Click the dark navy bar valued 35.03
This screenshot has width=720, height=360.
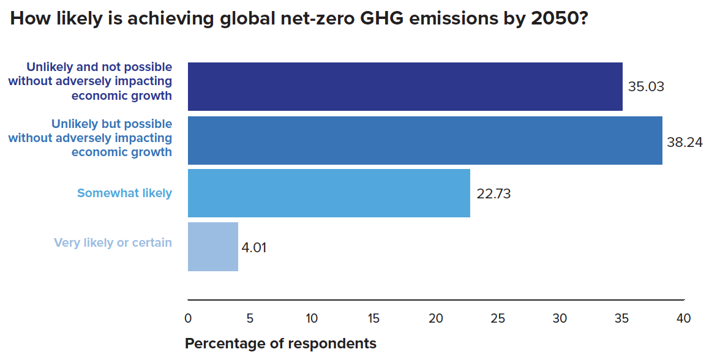click(405, 86)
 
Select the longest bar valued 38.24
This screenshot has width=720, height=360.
click(425, 140)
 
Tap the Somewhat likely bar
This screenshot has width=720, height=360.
click(329, 193)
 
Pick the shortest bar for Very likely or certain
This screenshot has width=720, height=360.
click(212, 246)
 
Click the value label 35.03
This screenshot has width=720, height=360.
click(646, 86)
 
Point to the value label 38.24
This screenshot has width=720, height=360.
click(684, 142)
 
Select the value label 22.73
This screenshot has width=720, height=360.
click(493, 194)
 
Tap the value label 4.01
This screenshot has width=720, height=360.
click(254, 248)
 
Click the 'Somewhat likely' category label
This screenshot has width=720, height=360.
click(124, 193)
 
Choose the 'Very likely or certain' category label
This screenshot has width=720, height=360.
click(113, 242)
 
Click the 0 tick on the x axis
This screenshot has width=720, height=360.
click(188, 318)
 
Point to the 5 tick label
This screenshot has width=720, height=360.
click(250, 318)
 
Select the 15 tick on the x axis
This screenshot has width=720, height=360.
click(374, 318)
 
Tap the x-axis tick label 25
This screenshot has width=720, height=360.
click(498, 318)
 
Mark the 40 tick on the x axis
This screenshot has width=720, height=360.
click(684, 318)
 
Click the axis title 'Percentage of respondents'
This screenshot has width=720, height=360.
click(280, 343)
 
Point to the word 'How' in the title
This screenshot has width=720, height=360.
click(29, 18)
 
